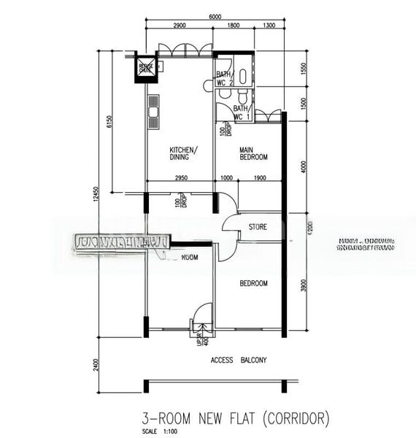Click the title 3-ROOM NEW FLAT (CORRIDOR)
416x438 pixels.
pos(236,418)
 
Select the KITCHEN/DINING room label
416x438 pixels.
pos(179,152)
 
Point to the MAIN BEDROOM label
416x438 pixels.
pos(254,153)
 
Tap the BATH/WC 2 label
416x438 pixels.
pos(224,78)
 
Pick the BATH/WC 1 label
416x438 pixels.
pos(242,112)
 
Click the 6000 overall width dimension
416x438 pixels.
pos(214,17)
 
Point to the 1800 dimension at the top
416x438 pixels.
pos(233,26)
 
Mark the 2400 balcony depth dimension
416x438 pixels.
pos(96,364)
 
